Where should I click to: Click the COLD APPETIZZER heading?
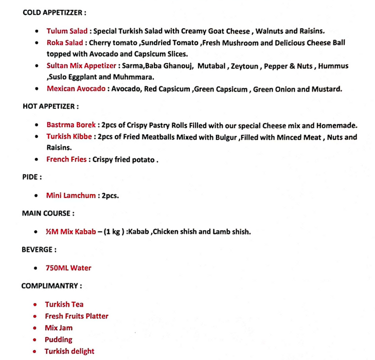tap(53, 12)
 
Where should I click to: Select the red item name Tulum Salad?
tap(67, 31)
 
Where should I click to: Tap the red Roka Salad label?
tap(64, 43)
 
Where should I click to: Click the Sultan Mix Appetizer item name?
tap(81, 66)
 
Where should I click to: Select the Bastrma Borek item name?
tap(71, 125)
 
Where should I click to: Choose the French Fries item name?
tap(66, 159)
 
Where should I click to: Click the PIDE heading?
tap(32, 177)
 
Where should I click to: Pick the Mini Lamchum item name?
tap(71, 195)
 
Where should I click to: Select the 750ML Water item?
tap(68, 268)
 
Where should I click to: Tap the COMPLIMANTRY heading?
tap(51, 285)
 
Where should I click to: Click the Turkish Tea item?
tap(64, 304)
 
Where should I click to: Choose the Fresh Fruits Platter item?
tap(76, 316)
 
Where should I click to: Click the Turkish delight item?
tap(69, 352)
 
